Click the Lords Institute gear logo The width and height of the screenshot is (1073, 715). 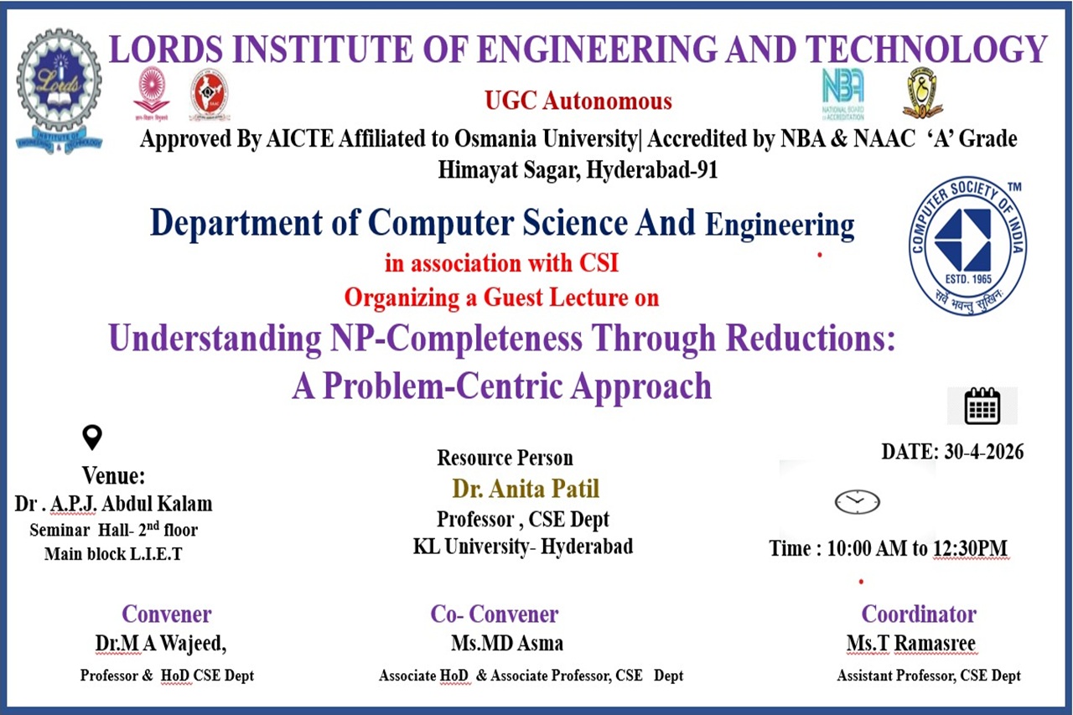tap(60, 91)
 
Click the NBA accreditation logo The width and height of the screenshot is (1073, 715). tap(843, 94)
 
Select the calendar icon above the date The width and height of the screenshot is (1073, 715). tap(982, 406)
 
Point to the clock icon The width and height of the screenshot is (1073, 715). tap(857, 502)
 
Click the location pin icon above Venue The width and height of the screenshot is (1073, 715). tap(92, 437)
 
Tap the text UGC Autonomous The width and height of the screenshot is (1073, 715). tap(578, 101)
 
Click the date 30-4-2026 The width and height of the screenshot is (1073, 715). tap(984, 452)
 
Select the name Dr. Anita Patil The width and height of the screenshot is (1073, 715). tap(526, 489)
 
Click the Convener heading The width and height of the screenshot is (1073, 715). tap(167, 614)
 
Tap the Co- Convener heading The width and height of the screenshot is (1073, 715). tap(495, 614)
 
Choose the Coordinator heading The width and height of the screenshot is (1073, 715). tap(919, 614)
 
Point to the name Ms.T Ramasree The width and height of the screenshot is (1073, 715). tap(910, 643)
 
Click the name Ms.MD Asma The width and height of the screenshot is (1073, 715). tap(507, 643)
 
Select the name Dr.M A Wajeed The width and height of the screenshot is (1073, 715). tap(160, 644)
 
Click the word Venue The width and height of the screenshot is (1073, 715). tap(113, 476)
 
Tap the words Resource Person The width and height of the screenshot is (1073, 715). tap(505, 458)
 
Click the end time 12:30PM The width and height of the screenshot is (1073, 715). tap(971, 548)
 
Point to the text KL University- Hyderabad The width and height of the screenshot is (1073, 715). tap(523, 547)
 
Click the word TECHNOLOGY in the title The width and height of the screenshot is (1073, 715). tap(925, 49)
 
